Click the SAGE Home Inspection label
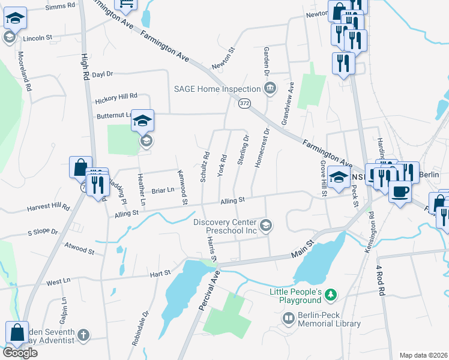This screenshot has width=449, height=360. [217, 89]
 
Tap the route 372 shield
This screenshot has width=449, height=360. [244, 104]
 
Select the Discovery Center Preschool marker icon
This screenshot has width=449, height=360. [267, 226]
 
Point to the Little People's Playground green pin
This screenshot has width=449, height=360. [330, 294]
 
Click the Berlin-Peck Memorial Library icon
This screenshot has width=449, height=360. [289, 317]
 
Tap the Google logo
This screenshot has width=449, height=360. [20, 353]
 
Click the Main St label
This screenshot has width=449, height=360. [303, 249]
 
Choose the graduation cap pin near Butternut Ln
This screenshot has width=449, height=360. [143, 120]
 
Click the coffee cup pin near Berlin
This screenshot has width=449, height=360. [400, 191]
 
